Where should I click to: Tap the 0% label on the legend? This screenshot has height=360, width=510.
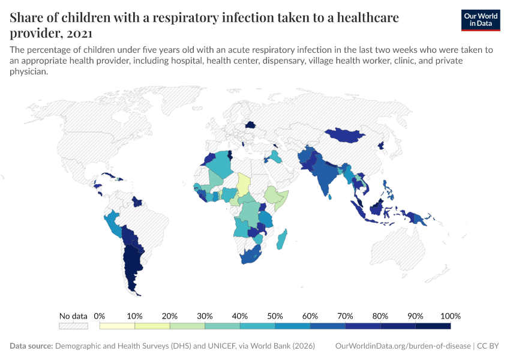(100, 316)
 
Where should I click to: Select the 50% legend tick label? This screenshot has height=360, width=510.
(275, 316)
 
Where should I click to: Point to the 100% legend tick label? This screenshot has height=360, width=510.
(450, 316)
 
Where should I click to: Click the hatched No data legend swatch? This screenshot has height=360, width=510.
(73, 326)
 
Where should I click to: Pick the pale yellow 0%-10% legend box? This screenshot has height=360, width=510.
(117, 326)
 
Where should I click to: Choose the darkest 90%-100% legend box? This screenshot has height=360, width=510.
(433, 326)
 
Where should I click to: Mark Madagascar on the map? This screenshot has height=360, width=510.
(282, 239)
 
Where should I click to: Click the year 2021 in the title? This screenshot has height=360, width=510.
(82, 32)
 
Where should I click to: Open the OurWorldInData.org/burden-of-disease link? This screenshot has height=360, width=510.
(403, 346)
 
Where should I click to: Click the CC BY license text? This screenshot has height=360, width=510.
(489, 346)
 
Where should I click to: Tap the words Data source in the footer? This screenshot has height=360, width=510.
(32, 346)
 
